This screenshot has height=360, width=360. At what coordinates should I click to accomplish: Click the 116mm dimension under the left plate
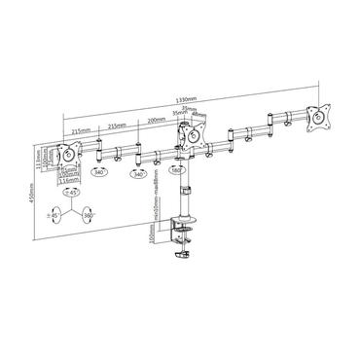click(x=69, y=181)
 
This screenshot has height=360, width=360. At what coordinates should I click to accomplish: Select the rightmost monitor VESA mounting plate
click(x=315, y=117)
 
